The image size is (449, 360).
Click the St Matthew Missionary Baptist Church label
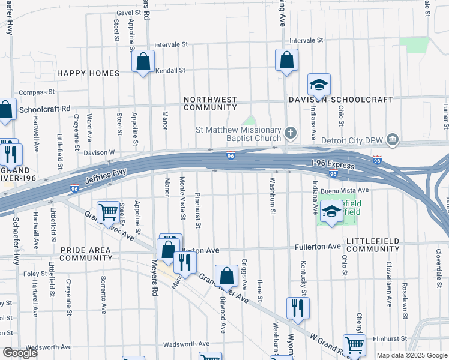coord(238,134)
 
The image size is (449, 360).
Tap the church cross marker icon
coord(291,133)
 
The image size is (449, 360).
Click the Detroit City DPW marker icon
coord(393,140)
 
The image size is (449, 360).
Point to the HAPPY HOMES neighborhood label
coord(88,73)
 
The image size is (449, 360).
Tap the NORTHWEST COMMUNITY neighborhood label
coord(210,103)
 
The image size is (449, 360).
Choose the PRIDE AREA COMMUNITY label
coord(86,253)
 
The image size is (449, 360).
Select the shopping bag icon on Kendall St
coord(143,61)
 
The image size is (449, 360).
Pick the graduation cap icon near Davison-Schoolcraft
coord(319,85)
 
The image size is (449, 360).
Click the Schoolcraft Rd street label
coord(45,109)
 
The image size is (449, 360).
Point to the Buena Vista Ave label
coord(344,190)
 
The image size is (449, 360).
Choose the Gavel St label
coord(128,12)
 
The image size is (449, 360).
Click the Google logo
coord(20,353)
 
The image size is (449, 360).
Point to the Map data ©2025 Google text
coord(411,355)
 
